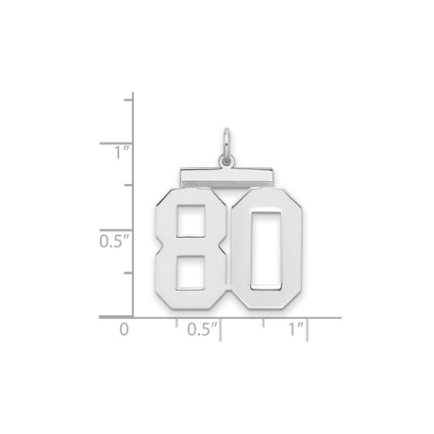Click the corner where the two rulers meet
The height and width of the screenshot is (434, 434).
point(133,318)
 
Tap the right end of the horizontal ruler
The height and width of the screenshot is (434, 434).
point(340,318)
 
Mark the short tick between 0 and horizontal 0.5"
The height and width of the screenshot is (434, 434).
point(176,323)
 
